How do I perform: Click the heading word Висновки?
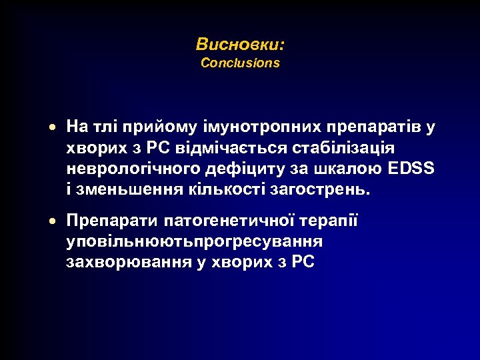239,45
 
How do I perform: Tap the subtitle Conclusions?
240,63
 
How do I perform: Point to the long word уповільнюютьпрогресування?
195,241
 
